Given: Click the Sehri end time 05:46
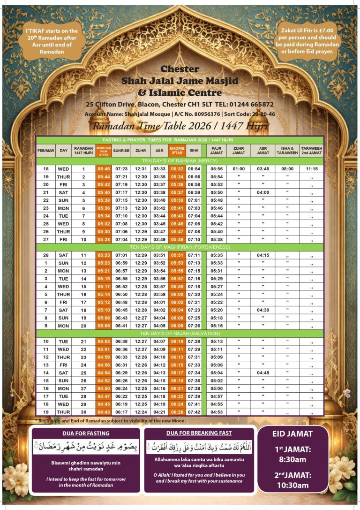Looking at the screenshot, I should tap(104, 169).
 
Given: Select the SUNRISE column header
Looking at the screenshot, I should tap(121, 151).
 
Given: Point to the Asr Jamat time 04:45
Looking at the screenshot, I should tap(263, 373).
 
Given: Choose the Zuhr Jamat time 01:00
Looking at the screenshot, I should tap(239, 169).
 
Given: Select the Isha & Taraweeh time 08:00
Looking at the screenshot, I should tap(287, 169).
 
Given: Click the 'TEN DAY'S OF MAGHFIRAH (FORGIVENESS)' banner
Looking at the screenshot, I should tap(180, 247).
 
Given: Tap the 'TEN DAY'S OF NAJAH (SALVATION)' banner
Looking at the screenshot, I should tap(180, 333).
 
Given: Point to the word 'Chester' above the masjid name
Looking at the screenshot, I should tap(180, 69).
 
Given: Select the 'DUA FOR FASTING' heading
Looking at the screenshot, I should tap(86, 433).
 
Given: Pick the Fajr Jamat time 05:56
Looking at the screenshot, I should tap(217, 169).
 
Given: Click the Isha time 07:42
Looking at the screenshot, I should tap(194, 412).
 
